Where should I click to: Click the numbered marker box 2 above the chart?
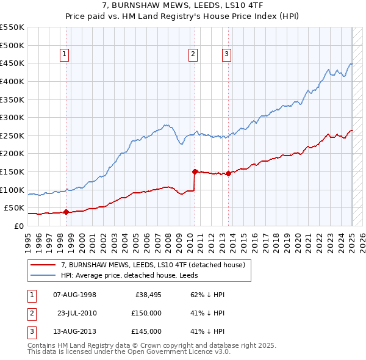pyautogui.click(x=193, y=54)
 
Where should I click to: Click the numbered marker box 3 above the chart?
pyautogui.click(x=226, y=54)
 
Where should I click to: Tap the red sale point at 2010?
pyautogui.click(x=195, y=171)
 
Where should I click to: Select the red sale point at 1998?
pyautogui.click(x=66, y=212)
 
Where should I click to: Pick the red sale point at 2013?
pyautogui.click(x=228, y=173)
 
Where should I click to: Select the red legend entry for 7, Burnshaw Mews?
pyautogui.click(x=152, y=265)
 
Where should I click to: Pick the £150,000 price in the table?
pyautogui.click(x=147, y=313)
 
